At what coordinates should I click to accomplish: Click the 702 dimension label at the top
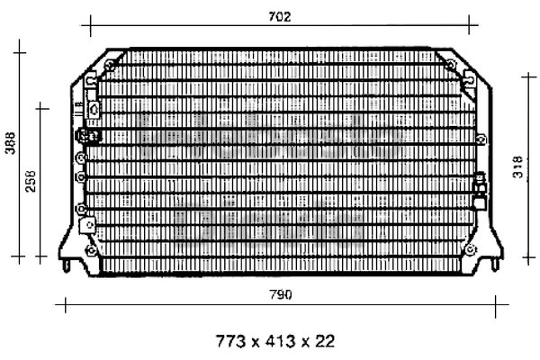[280, 16]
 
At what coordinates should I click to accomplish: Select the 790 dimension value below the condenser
[281, 295]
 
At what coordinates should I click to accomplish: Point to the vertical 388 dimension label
[10, 143]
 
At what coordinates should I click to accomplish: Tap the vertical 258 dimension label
[31, 181]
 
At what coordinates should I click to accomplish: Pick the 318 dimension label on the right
[518, 167]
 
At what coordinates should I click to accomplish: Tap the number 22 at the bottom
[324, 341]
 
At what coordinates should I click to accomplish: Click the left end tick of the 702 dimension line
[91, 25]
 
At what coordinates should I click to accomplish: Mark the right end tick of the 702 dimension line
[469, 25]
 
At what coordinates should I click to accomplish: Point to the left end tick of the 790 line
[66, 304]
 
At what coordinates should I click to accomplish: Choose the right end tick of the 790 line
[496, 304]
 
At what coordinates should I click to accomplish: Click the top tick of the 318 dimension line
[529, 76]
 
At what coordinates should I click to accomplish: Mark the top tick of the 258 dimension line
[40, 109]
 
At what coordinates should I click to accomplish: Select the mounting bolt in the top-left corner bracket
[111, 65]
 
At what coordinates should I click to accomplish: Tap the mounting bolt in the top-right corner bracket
[451, 64]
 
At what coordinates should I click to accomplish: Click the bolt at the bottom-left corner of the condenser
[91, 250]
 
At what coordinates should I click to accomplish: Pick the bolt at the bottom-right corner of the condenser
[471, 249]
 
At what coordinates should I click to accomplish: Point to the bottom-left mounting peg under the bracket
[67, 265]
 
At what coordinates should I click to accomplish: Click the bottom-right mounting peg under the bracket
[495, 265]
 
